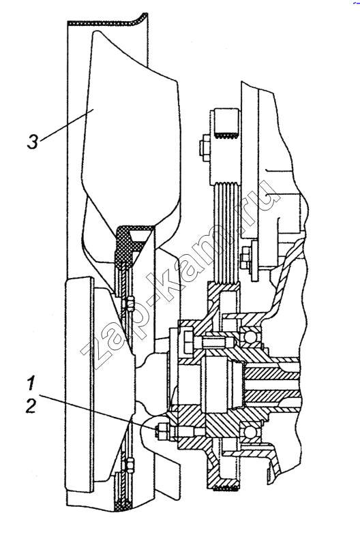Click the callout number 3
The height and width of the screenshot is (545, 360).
[33, 142]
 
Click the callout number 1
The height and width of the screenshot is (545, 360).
[31, 384]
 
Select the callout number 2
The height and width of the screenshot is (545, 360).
[31, 405]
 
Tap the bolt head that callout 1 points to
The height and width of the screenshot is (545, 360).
[161, 431]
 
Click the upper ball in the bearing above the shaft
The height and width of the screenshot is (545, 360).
[250, 336]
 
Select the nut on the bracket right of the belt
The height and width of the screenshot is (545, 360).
[245, 258]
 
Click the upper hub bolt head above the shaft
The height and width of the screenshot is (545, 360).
[187, 343]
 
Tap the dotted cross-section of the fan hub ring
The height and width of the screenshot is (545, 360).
[126, 243]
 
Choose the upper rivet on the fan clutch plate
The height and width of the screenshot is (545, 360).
[130, 300]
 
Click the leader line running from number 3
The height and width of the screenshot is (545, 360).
[66, 125]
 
